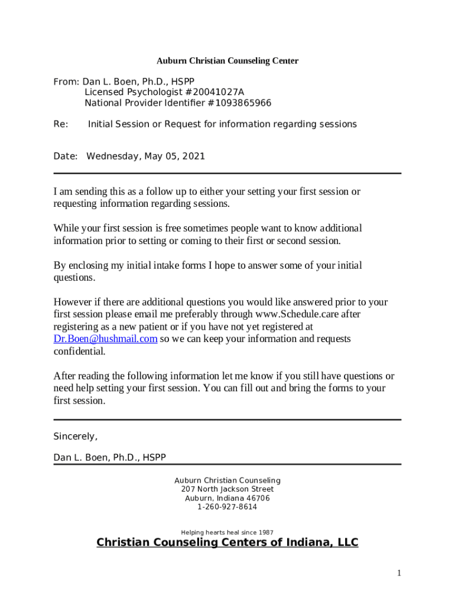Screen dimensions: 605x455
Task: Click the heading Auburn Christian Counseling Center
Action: tap(227, 61)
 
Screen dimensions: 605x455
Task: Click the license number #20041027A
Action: tap(214, 92)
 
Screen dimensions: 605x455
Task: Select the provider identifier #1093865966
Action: tap(239, 103)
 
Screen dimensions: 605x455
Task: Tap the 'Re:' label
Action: tap(61, 124)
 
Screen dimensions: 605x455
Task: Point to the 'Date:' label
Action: tap(66, 156)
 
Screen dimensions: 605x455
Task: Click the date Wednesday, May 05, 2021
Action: tap(145, 156)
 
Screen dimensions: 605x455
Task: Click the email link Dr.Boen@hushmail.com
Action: tap(105, 339)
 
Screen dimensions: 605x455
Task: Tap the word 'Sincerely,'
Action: tap(75, 437)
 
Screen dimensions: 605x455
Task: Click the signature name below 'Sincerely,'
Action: tap(110, 457)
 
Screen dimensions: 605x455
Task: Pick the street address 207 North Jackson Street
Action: tap(227, 489)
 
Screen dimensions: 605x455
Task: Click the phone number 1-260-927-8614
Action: tap(227, 507)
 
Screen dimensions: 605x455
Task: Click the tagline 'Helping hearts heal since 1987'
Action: tap(227, 532)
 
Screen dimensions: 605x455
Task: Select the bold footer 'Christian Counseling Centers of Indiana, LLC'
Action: tap(227, 542)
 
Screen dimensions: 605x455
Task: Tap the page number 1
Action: tap(399, 573)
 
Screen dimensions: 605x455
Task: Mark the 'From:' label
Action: tap(66, 82)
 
